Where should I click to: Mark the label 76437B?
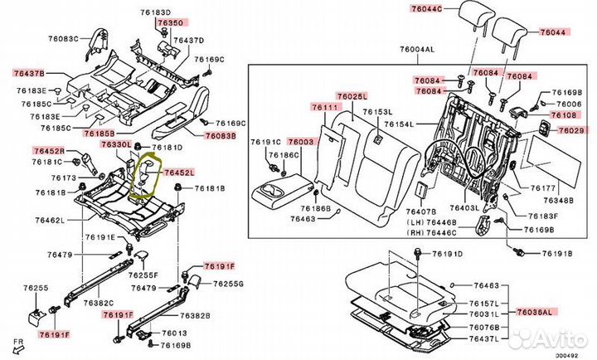pos(29,74)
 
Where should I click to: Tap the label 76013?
pos(173,332)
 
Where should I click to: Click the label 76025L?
pos(352,96)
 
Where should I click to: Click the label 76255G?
pos(228,285)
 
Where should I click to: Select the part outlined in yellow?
pos(147,174)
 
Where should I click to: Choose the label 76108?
pos(568,114)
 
